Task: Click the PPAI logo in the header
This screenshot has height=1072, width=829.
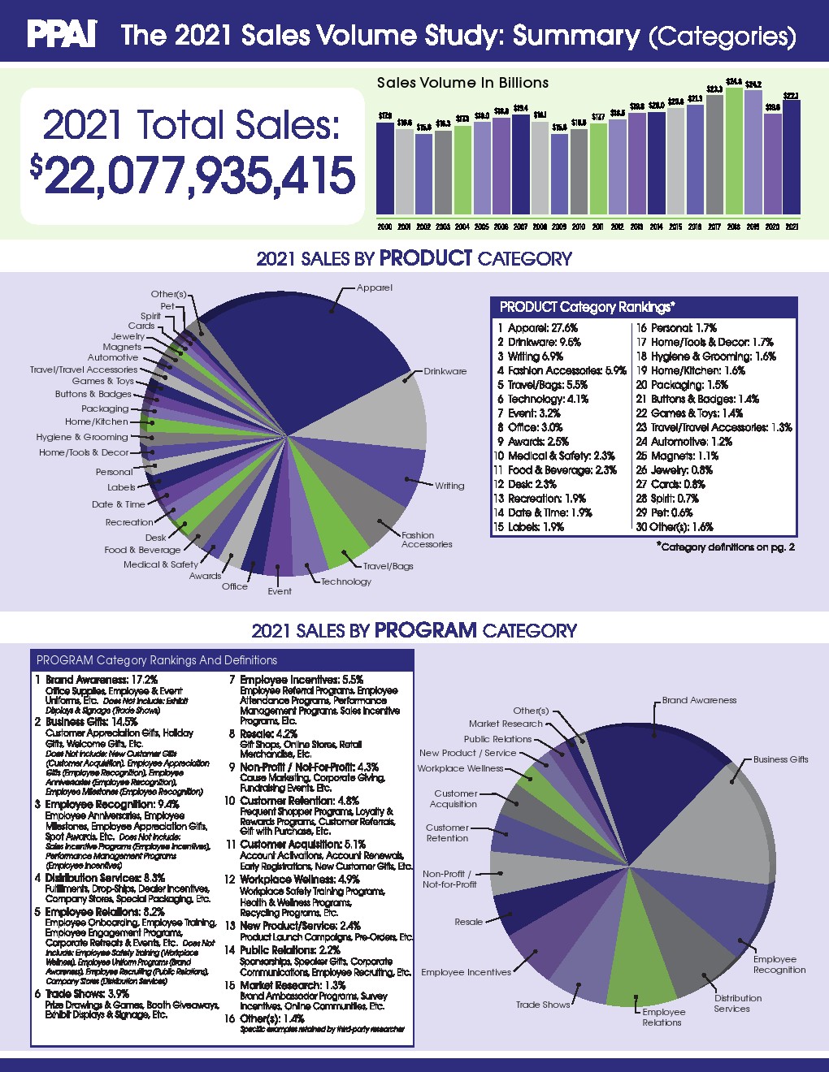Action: (x=62, y=34)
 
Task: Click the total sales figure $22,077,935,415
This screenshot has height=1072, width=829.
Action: (x=193, y=176)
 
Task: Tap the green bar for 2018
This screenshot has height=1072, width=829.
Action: (x=734, y=152)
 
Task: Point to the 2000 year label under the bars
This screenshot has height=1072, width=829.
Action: (x=384, y=227)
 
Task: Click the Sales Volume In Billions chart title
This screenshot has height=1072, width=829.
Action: (x=462, y=83)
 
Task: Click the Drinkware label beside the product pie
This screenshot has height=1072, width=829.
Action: (x=445, y=371)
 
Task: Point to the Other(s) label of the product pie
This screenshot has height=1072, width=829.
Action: (x=168, y=294)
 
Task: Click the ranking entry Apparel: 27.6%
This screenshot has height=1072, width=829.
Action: (x=537, y=328)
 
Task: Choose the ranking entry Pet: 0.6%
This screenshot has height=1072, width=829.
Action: (x=664, y=512)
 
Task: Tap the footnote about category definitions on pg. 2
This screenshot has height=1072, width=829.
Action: (x=725, y=547)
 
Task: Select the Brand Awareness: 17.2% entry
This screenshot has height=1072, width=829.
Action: (x=102, y=680)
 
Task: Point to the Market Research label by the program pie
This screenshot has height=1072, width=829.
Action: (x=505, y=724)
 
